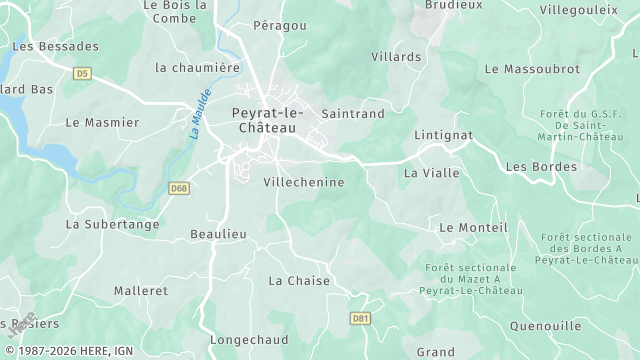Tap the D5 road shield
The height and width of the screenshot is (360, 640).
click(82, 73)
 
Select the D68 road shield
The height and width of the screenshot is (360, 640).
click(179, 187)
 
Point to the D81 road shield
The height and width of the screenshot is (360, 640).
click(361, 318)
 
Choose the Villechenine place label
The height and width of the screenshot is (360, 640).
click(303, 183)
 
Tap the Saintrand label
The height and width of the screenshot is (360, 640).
click(352, 114)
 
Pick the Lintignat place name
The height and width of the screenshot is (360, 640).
click(443, 134)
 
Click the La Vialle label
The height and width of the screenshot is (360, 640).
click(431, 173)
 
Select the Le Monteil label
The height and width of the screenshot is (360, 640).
click(474, 228)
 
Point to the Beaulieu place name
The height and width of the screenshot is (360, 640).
click(218, 234)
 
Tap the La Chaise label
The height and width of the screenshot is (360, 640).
click(299, 281)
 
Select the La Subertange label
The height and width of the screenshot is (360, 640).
click(112, 224)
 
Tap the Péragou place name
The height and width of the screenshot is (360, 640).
click(280, 24)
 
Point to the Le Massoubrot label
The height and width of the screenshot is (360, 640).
click(531, 69)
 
